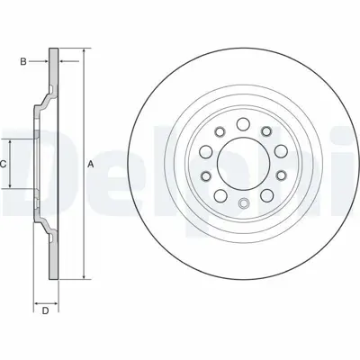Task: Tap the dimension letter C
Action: coord(4,164)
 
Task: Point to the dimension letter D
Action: coord(44,311)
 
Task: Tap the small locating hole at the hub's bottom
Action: coord(241,203)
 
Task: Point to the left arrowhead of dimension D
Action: coord(35,296)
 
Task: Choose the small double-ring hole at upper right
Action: coord(267,132)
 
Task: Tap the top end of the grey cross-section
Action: coord(56,47)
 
